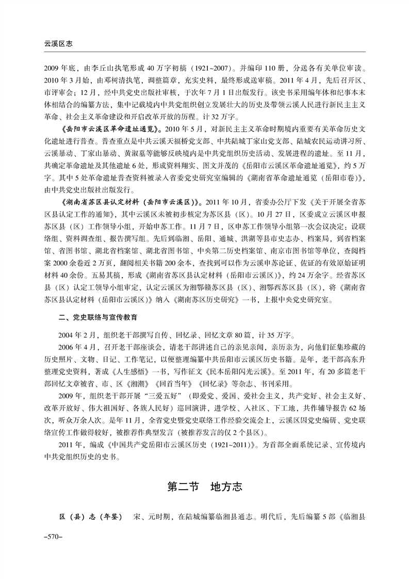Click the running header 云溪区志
pyautogui.click(x=51, y=44)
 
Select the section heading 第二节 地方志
pyautogui.click(x=204, y=487)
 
